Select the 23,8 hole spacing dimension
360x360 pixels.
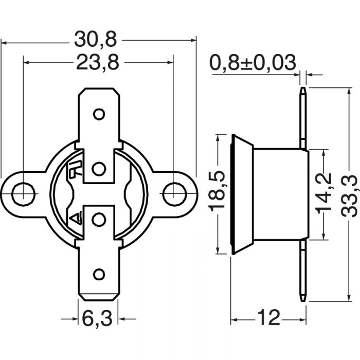[98, 62]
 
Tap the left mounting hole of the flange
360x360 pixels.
[21, 193]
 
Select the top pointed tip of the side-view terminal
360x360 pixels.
[304, 91]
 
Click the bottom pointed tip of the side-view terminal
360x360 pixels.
[304, 300]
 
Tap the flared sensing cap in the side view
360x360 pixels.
[242, 194]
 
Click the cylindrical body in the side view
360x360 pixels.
[280, 194]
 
